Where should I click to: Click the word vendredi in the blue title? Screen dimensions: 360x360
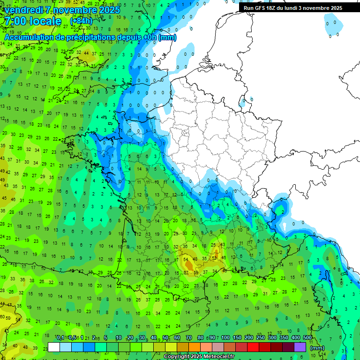(23, 10)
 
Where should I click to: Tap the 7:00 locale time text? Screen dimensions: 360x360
(33, 22)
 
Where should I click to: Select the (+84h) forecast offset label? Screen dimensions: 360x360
(81, 21)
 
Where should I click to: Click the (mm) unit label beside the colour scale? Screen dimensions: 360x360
(317, 348)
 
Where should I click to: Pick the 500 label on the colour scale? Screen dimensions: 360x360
(307, 338)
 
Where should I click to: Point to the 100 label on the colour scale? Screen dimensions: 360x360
(225, 338)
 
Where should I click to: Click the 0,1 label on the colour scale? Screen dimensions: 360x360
(60, 338)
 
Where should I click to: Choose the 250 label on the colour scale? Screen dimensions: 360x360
(261, 338)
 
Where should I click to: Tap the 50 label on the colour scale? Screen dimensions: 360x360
(165, 338)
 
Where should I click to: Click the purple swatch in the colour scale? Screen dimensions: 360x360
(300, 347)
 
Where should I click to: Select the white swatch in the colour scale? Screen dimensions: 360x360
(54, 347)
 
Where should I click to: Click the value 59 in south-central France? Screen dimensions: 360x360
(196, 272)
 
